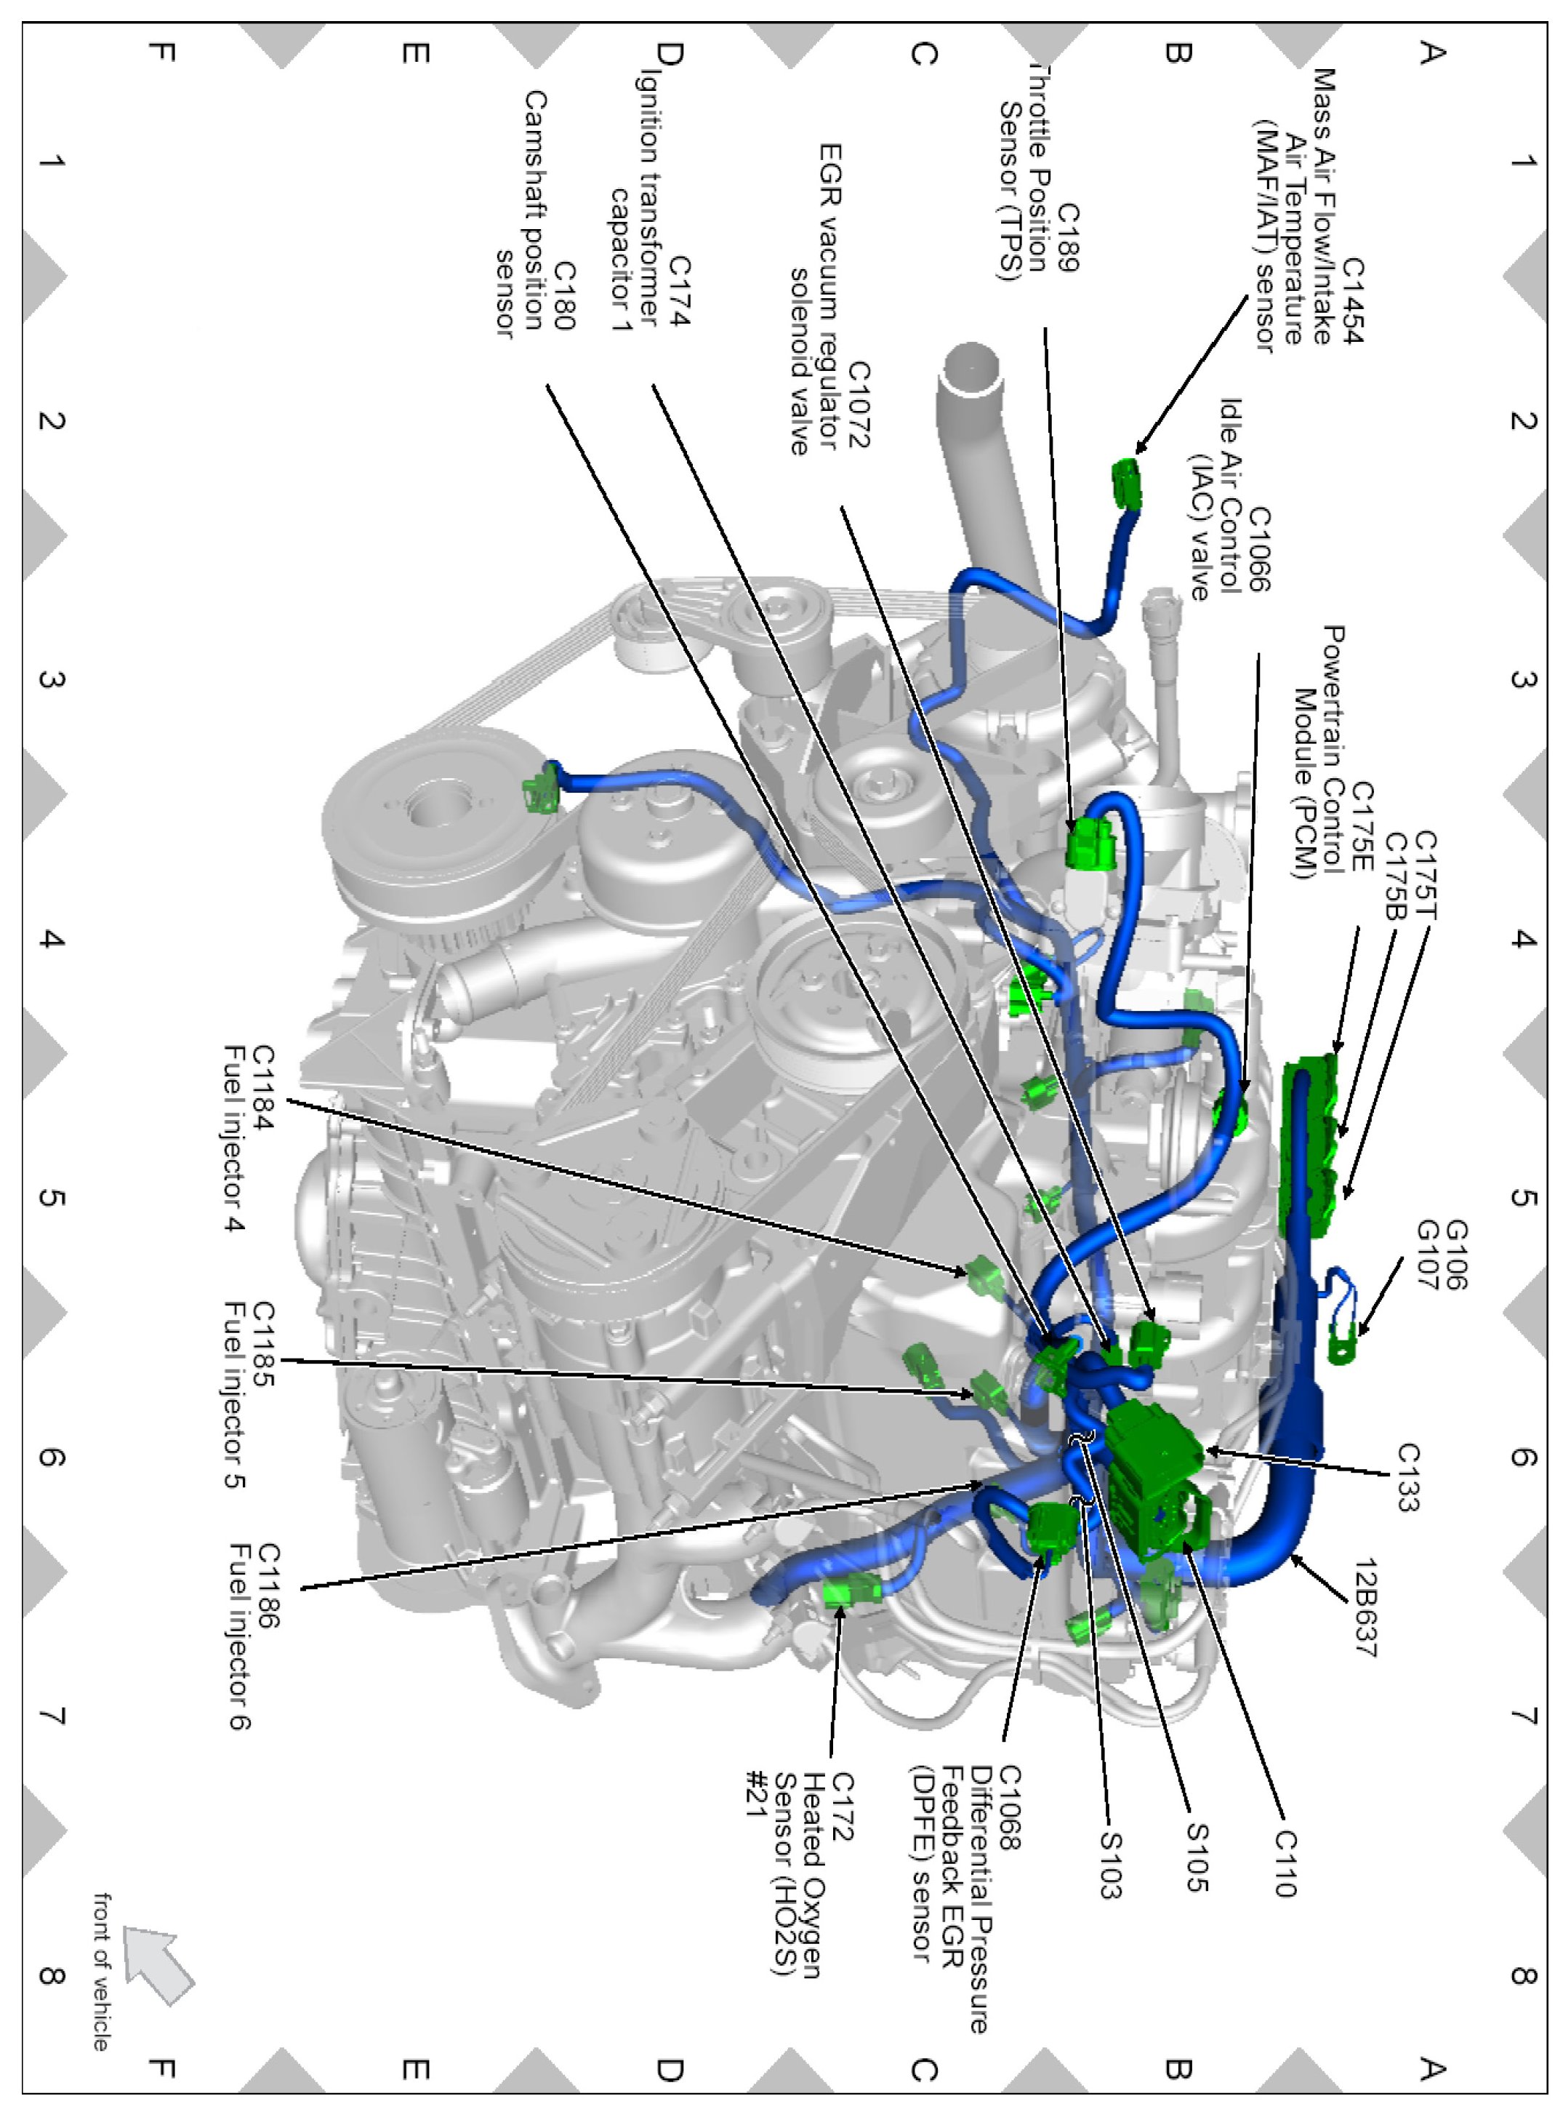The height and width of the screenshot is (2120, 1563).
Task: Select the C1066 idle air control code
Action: coord(1259,549)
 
